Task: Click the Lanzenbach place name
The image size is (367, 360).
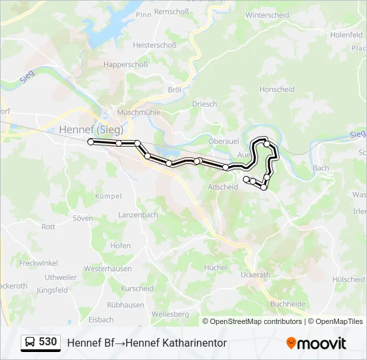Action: coord(138,215)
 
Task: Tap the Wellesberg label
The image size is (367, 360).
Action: coord(171,314)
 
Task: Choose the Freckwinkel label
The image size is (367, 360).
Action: coord(39,263)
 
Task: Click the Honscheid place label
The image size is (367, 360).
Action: coord(277,89)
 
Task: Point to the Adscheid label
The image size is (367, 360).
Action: coord(223,187)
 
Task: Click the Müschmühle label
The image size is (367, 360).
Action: coord(138,113)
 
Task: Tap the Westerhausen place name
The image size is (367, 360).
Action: coord(107,269)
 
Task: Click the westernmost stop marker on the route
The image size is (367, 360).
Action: coord(91,141)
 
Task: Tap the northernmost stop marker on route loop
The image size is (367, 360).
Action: coord(267,143)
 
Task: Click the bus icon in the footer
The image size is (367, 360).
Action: coord(30,343)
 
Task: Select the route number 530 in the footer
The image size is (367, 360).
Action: coord(47,342)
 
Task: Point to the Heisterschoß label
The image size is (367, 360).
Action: coord(154,45)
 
